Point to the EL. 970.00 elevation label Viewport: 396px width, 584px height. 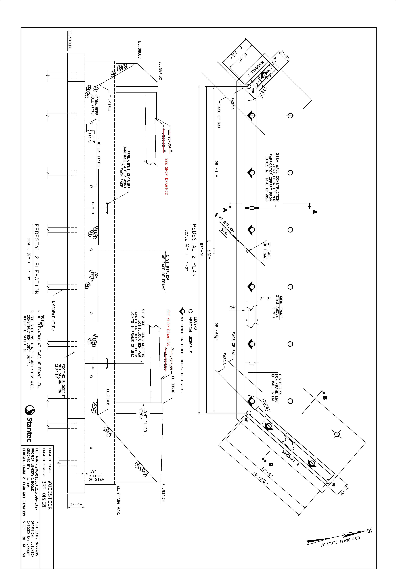70,40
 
